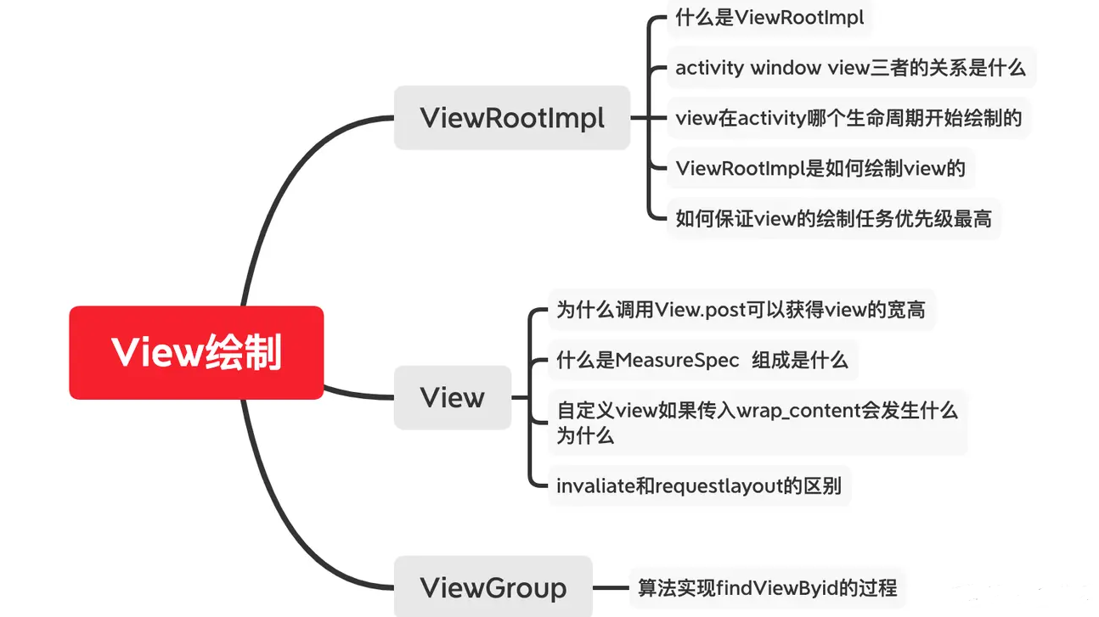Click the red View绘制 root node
click(x=196, y=352)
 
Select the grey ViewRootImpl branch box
click(x=512, y=118)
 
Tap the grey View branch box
click(x=453, y=397)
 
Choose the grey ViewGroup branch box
click(x=493, y=587)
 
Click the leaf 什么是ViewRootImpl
click(x=769, y=17)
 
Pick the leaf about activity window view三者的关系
click(x=850, y=68)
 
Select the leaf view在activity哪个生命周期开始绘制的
click(x=848, y=118)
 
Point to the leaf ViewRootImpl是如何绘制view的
click(x=820, y=168)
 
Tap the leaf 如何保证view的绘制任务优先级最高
click(x=833, y=219)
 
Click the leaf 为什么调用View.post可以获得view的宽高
click(x=741, y=310)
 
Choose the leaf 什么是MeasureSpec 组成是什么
click(x=702, y=360)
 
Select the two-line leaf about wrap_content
click(x=757, y=423)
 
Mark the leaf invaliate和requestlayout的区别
click(x=698, y=485)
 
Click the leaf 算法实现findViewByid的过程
click(x=767, y=587)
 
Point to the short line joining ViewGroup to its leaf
click(x=611, y=587)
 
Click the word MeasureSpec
click(x=677, y=360)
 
